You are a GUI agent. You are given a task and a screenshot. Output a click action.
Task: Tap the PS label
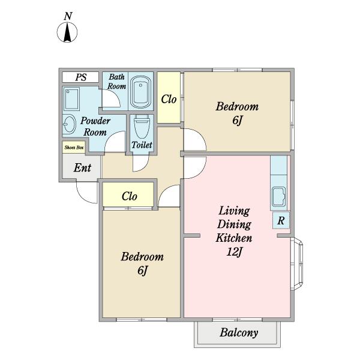coord(81,77)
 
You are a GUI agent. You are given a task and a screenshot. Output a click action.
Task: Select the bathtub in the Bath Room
coord(140,92)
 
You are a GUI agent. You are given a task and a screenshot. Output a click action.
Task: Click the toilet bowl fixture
coord(142,126)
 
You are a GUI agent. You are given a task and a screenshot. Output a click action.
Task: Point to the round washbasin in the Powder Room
coord(69,124)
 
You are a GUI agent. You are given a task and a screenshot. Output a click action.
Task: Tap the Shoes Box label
coord(74,148)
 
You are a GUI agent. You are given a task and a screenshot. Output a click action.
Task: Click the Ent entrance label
coord(82,167)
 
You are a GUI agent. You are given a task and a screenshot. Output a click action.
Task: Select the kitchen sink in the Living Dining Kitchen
coord(279,197)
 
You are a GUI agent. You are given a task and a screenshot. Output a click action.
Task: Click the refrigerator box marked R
coord(281,220)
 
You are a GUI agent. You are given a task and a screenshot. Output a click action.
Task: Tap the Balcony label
coord(239,332)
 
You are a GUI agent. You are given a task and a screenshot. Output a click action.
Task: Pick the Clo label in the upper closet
coord(169,100)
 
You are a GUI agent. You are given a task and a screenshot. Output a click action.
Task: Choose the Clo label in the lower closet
coord(130,196)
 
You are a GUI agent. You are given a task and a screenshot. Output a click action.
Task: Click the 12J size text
coord(234,252)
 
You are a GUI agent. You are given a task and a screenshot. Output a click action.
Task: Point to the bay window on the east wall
coord(296,263)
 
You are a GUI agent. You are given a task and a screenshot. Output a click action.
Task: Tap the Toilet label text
coord(142,145)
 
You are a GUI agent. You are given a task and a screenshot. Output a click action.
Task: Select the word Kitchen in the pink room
coord(234,238)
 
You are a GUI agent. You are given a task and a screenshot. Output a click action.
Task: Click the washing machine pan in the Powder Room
coord(71,99)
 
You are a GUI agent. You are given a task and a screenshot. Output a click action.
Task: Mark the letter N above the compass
coord(68,16)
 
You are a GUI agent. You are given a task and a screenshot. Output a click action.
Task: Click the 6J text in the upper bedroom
coord(238,121)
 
